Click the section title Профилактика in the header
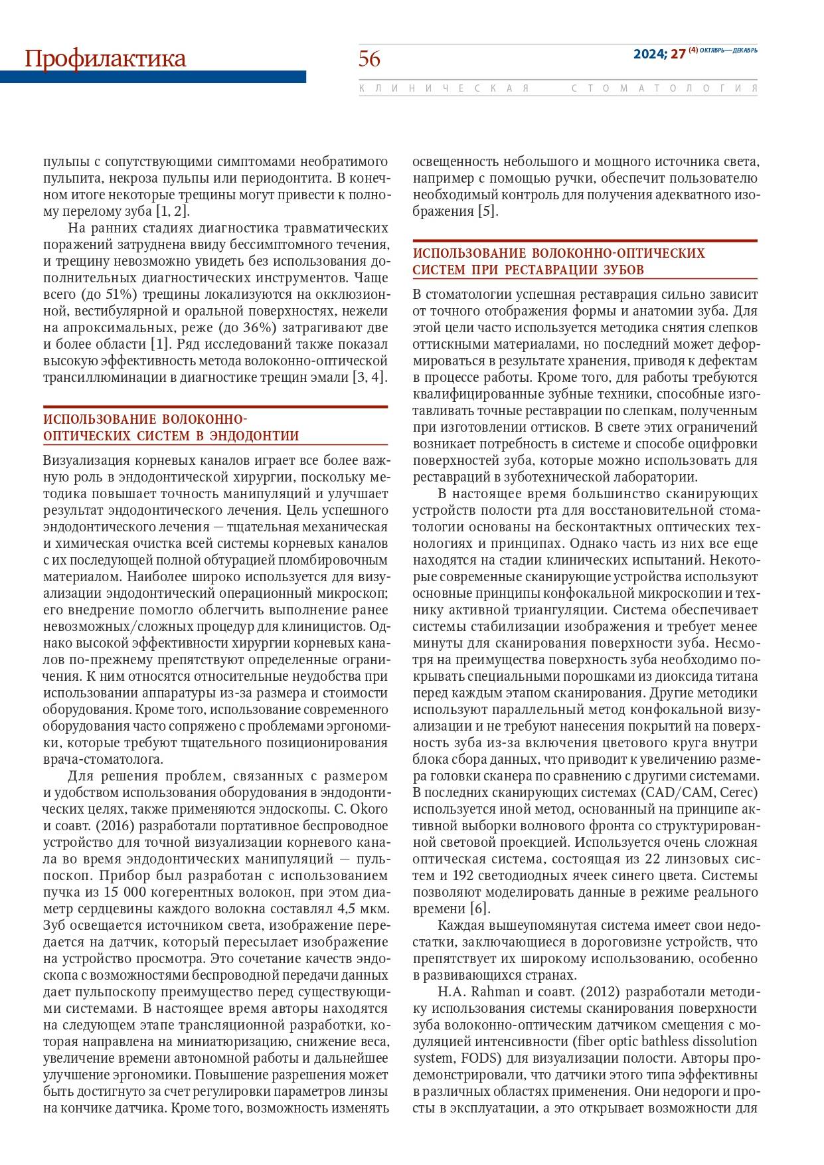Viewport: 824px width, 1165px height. pyautogui.click(x=105, y=59)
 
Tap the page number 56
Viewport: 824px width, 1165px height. pyautogui.click(x=370, y=59)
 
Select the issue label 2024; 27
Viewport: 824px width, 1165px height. pyautogui.click(x=659, y=54)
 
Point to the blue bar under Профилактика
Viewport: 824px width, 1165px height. pyautogui.click(x=153, y=77)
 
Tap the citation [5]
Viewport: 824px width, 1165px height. pyautogui.click(x=487, y=212)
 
